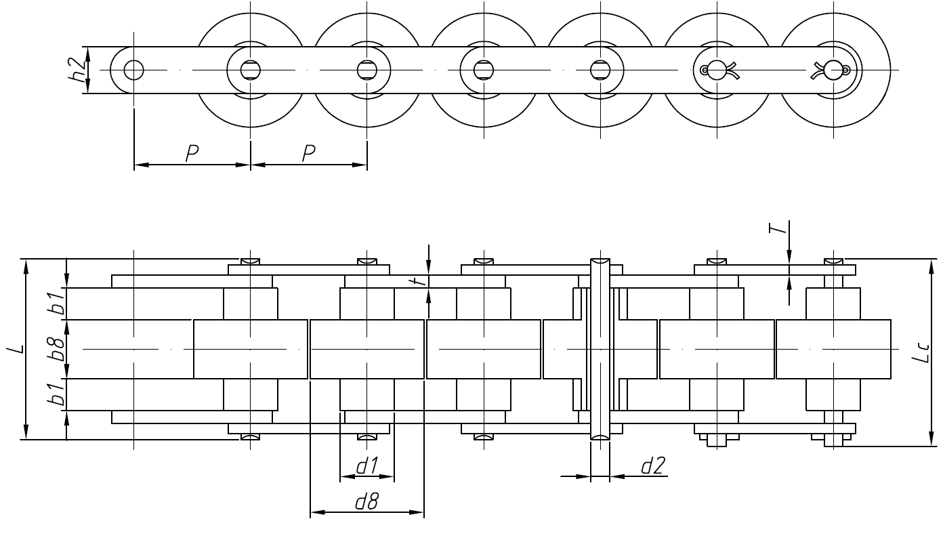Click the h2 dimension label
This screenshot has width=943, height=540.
point(79,69)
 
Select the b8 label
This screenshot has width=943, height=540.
point(59,349)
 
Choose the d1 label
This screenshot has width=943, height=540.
point(367,465)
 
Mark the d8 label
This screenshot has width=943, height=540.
point(366,502)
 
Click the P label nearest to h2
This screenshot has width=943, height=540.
point(192,153)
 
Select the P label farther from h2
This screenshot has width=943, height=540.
point(309,153)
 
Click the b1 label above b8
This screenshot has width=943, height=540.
point(59,303)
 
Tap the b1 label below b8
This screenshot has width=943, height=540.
point(59,394)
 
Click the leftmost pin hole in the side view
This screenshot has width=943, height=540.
point(134,69)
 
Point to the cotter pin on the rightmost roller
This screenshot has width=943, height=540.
point(832,70)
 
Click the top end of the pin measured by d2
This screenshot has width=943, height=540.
point(600,261)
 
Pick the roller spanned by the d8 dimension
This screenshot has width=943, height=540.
point(366,349)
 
